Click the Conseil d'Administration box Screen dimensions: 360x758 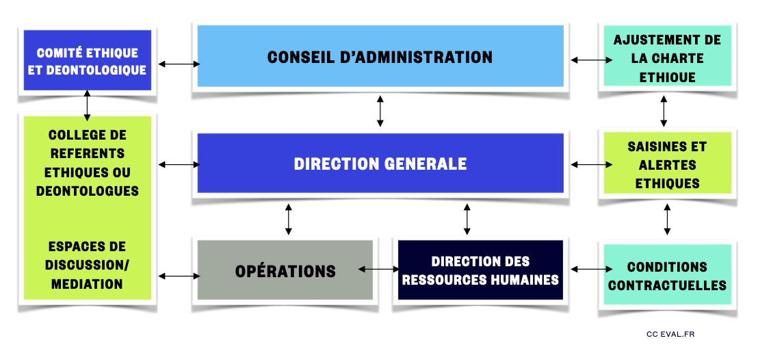coord(380,56)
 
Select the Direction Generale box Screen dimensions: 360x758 coord(380,164)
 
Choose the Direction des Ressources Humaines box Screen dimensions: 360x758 coord(480,270)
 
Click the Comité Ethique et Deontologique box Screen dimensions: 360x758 coord(87,61)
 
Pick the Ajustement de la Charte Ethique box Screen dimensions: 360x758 coord(667,58)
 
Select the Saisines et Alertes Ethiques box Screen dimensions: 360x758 coord(667,165)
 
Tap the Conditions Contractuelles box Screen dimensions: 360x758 coord(667,276)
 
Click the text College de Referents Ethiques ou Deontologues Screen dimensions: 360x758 coord(87,163)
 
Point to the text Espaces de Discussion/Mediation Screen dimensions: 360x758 coord(87,265)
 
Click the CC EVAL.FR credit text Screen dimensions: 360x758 coord(670,334)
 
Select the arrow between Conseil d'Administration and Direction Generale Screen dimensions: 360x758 coord(380,111)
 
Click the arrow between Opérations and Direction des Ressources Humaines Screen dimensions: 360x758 coord(378,270)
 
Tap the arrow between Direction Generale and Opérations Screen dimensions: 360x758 coord(289,218)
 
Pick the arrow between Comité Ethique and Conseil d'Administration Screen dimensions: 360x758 coord(179,64)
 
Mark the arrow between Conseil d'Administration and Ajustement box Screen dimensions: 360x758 coord(592,60)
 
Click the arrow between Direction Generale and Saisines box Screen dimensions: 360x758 coord(592,164)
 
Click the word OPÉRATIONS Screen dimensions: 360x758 coord(285,272)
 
